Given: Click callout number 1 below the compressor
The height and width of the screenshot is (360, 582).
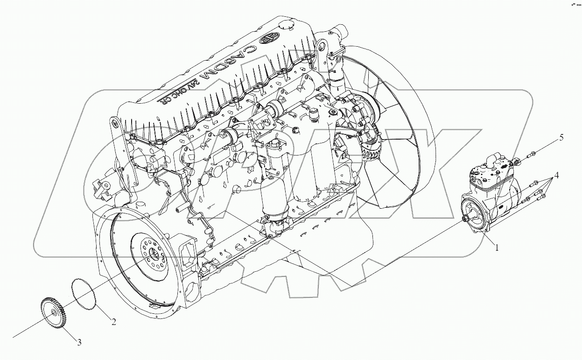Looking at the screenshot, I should (497, 248).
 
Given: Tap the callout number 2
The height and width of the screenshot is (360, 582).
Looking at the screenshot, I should (113, 321).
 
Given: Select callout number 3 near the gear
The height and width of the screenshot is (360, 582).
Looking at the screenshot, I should (79, 342).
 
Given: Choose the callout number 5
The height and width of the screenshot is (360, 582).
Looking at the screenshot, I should (561, 137).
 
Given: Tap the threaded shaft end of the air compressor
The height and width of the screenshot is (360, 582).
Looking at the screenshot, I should (466, 219).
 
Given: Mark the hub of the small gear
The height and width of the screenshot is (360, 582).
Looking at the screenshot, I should (55, 316).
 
